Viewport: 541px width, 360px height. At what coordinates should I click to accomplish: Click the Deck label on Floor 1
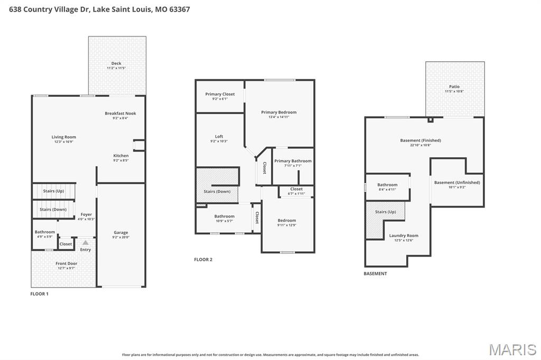click(116, 63)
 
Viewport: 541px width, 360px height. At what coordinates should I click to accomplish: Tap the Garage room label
click(121, 232)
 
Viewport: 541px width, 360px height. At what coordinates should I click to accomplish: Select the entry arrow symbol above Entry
click(86, 243)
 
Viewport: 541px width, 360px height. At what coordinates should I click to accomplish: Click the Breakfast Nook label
click(120, 113)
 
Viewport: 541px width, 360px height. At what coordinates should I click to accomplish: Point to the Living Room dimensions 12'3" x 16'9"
click(64, 142)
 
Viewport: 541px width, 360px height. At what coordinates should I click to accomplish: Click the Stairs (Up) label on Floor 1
click(53, 191)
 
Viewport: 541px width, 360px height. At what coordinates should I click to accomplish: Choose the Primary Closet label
click(220, 94)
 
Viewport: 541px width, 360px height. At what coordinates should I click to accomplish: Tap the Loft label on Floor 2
click(219, 137)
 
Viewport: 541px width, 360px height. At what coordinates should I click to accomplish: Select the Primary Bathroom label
click(293, 161)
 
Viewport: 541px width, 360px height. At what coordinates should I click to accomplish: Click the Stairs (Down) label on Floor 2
click(217, 191)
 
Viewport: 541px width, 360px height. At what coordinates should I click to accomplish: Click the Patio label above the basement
click(454, 87)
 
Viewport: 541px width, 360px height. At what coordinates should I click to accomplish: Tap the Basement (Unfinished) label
click(457, 183)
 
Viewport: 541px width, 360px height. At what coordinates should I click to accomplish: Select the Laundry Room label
click(404, 235)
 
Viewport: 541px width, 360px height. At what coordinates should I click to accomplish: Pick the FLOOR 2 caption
click(203, 259)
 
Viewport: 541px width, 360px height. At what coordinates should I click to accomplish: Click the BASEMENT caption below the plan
click(375, 273)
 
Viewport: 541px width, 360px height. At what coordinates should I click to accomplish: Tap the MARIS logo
click(512, 349)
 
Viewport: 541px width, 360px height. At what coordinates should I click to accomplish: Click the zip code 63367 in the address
click(180, 9)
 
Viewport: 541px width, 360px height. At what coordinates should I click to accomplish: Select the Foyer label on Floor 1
click(86, 215)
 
